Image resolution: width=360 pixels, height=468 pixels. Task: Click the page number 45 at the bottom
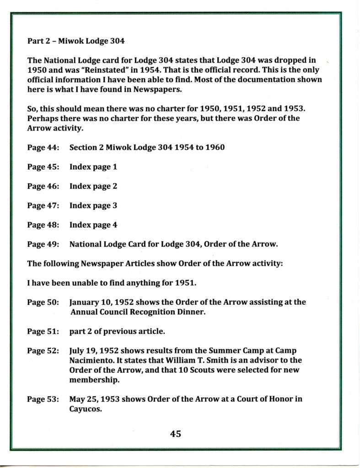pos(176,434)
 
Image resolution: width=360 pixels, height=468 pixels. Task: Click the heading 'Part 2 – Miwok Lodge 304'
pos(76,41)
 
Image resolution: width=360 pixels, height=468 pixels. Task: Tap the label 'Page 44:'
pos(43,148)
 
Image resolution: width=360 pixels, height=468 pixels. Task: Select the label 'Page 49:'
pos(43,244)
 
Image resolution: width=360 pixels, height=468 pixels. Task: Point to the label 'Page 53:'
pos(43,399)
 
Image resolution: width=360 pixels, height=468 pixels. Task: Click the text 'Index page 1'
pos(93,167)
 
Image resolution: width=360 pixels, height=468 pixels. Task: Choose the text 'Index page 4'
pos(93,225)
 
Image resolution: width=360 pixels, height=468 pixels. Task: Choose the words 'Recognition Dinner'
pos(164,312)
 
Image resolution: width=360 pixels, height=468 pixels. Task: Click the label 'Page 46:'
pos(43,186)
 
